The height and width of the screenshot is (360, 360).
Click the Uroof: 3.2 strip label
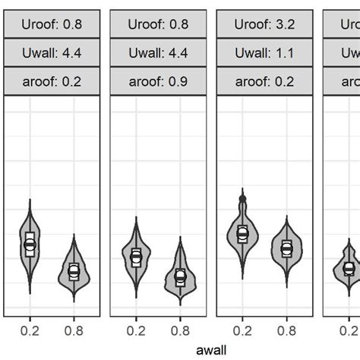[264, 24]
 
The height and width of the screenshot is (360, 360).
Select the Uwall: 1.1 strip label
[264, 53]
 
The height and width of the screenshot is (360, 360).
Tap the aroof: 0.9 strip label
[158, 81]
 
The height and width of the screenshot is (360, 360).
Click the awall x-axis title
[211, 350]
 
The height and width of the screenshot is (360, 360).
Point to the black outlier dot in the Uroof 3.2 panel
[242, 198]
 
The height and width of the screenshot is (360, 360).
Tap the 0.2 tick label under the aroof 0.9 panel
[136, 330]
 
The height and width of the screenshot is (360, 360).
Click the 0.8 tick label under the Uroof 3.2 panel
[286, 330]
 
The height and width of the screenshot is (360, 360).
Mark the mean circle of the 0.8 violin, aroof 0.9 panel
[180, 276]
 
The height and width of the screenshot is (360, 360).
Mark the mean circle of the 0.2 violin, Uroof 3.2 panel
[242, 233]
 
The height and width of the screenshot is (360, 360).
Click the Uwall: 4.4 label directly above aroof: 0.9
[158, 53]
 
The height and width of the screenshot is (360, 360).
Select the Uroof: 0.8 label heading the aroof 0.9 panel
[158, 24]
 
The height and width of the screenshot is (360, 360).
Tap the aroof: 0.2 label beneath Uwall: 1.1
[264, 81]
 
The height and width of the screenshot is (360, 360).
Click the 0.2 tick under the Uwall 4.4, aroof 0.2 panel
[30, 330]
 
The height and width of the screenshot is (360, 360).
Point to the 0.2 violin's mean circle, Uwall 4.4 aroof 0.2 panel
[30, 245]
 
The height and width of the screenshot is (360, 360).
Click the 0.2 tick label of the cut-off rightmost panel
[349, 330]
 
